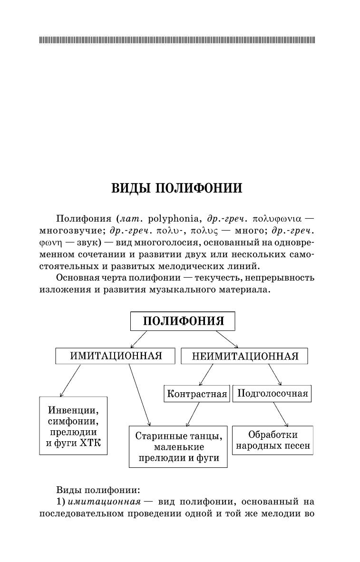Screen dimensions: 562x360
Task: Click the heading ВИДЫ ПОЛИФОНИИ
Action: tap(176, 188)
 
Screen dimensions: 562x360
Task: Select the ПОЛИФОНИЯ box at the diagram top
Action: tap(183, 321)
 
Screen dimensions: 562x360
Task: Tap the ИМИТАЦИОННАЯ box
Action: tap(116, 356)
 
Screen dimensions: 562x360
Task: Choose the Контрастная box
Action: tap(196, 394)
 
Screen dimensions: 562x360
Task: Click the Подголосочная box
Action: tap(272, 394)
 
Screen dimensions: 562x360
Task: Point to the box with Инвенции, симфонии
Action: tap(73, 426)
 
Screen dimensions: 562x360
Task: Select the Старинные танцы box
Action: tap(178, 447)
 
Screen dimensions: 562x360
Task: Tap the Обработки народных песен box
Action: tap(273, 440)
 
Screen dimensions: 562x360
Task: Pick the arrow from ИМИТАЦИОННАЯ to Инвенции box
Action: tap(70, 380)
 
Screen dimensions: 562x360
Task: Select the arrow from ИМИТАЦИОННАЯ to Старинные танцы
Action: tap(139, 395)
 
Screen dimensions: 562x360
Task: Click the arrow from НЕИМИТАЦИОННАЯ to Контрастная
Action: tap(206, 375)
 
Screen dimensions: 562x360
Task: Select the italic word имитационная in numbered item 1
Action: tap(105, 502)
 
